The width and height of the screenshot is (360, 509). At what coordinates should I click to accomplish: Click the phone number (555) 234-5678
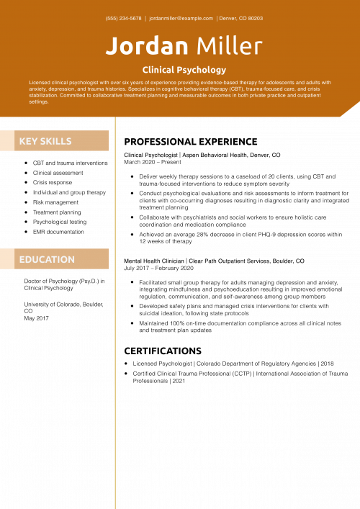(123, 19)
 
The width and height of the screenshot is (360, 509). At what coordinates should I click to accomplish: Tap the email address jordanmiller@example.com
(181, 19)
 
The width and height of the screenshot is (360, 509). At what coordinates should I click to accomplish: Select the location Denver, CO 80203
(241, 19)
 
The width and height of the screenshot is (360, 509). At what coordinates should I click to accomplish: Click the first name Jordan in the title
(147, 47)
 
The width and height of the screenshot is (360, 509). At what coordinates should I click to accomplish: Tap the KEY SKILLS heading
(45, 141)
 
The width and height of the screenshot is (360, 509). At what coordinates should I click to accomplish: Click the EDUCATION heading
(47, 259)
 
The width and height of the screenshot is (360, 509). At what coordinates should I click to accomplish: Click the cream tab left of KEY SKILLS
(7, 141)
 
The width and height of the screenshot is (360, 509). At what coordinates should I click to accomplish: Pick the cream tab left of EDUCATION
(7, 259)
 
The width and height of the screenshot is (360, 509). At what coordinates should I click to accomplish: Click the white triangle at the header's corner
(352, 110)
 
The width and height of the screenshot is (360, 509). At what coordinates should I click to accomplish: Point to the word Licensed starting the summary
(40, 83)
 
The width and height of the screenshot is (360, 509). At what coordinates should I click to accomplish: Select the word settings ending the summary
(39, 102)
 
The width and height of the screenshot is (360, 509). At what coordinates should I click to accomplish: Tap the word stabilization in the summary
(44, 95)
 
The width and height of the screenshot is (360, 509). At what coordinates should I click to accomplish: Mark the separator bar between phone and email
(145, 19)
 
